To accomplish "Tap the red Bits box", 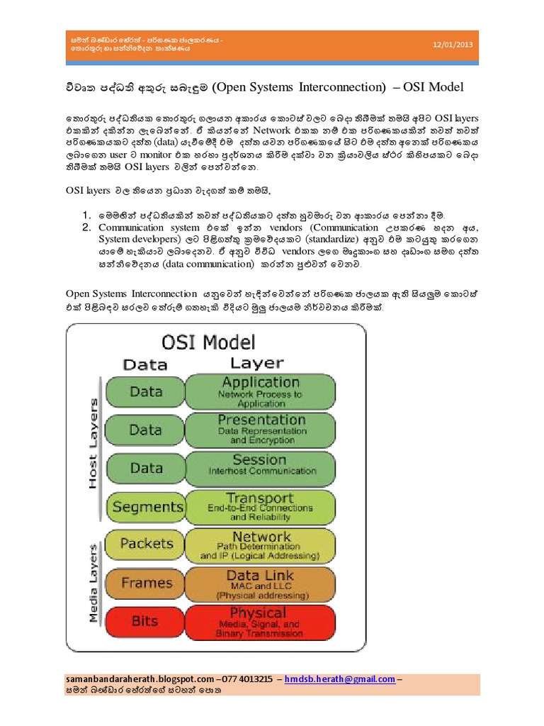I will [145, 621].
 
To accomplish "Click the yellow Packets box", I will [147, 544].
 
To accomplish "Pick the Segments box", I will [147, 506].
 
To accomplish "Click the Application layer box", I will [260, 391].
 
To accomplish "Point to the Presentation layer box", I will [260, 429].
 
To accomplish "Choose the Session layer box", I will [260, 467].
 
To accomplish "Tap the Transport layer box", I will [260, 506].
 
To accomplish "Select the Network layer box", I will [260, 544].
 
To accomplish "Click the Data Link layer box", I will [260, 583].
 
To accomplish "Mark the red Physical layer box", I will [260, 621].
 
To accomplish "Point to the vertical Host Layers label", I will [92, 443].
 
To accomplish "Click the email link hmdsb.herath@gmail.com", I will [340, 678].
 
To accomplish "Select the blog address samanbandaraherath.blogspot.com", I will [139, 678].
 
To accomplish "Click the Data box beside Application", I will [147, 391].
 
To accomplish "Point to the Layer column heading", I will [256, 364].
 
